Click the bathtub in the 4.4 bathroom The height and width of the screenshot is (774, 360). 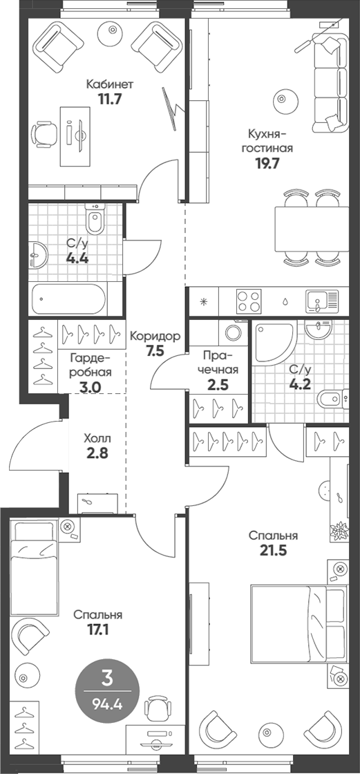(x=68, y=299)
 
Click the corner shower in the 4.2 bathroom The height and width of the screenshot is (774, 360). (x=274, y=343)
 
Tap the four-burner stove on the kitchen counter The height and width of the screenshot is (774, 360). (x=249, y=301)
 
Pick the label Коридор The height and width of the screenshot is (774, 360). (x=155, y=336)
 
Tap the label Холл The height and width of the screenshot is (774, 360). (x=96, y=438)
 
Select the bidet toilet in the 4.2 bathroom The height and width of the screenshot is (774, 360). (x=330, y=399)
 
